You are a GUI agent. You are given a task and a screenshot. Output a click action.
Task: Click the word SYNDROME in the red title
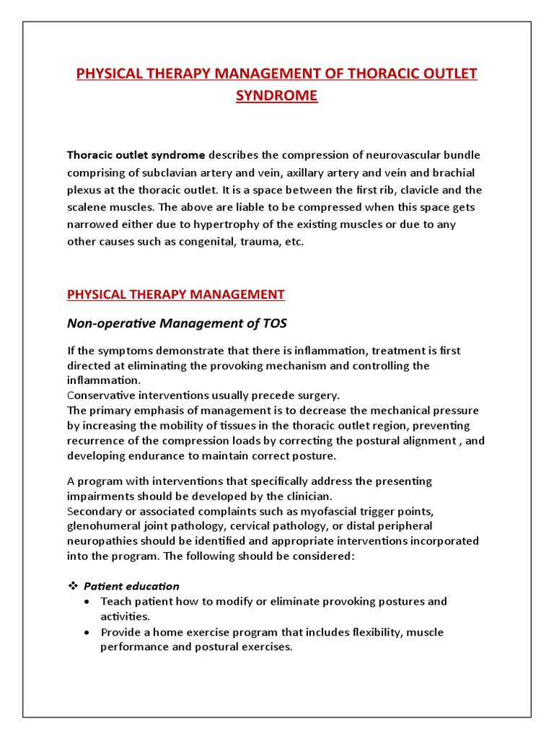point(277,95)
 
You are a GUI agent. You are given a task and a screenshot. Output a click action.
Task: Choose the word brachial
point(454,172)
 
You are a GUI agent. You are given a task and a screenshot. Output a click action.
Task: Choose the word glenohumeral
point(102,525)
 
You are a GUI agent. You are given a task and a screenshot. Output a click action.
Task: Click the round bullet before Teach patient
point(88,601)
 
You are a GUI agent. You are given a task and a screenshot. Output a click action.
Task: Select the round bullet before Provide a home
point(88,632)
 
